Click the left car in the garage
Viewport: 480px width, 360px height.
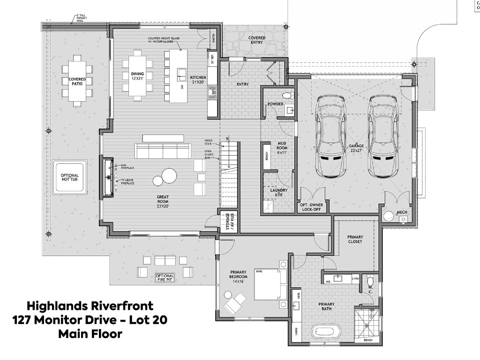pos(332,136)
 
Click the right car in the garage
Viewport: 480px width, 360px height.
pos(382,136)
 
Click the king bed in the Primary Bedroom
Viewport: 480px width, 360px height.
pos(270,284)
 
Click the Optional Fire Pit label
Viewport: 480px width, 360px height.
pos(165,278)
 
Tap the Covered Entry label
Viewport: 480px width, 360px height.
pos(256,41)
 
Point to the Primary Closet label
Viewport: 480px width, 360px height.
pos(355,240)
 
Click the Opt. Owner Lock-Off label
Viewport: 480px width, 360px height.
pos(313,207)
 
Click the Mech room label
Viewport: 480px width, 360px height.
pos(402,212)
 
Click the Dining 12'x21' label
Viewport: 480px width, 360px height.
pos(137,76)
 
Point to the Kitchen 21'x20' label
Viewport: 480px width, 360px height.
pos(198,80)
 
